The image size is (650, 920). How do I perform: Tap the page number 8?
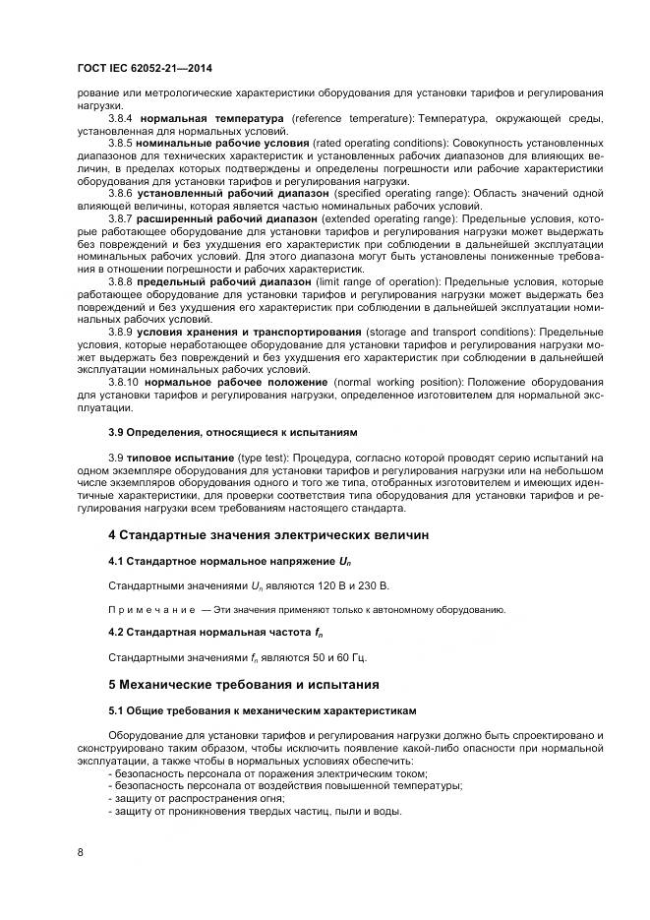coord(80,852)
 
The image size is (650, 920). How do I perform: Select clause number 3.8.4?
coord(121,118)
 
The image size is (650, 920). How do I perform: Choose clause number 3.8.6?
coord(121,193)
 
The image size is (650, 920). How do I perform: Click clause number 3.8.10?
coord(125,382)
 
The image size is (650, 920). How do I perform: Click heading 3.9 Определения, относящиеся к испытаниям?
coord(232,432)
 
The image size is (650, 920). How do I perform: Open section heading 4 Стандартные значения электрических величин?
coord(270,534)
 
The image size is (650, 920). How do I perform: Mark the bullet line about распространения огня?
coord(197,798)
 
